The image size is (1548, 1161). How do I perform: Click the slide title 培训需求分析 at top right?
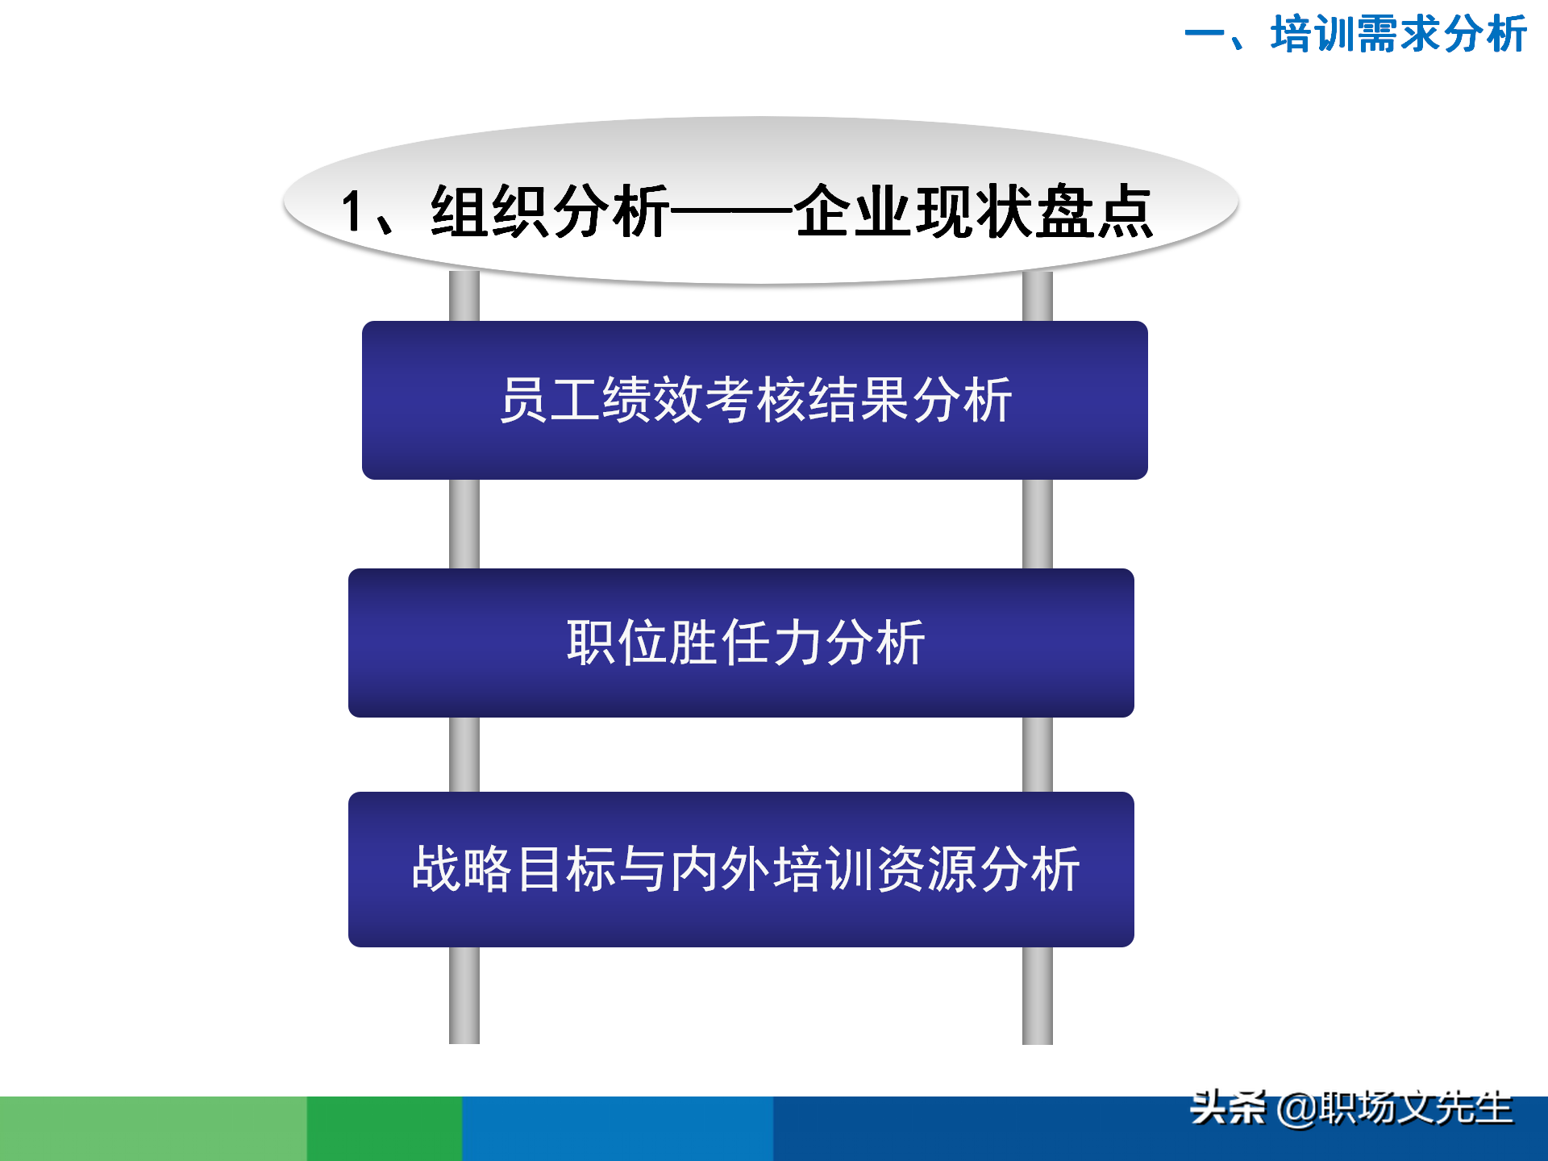coord(1398,34)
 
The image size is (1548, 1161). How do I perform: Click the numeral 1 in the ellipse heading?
coord(352,211)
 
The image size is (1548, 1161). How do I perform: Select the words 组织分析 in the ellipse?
coord(550,211)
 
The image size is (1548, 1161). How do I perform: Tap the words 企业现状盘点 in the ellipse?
coord(974,211)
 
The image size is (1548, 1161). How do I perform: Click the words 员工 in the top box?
coord(550,400)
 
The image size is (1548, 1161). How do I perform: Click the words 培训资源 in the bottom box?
coord(876,869)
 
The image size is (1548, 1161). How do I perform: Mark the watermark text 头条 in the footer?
coord(1227,1108)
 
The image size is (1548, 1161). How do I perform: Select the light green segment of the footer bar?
coord(153,1129)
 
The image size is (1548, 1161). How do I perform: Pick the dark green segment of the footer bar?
coord(385,1129)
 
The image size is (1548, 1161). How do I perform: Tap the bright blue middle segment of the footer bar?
coord(618,1129)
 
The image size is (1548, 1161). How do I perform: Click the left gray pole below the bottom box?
coord(464,996)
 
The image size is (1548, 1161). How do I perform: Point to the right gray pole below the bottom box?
coord(1038,996)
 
